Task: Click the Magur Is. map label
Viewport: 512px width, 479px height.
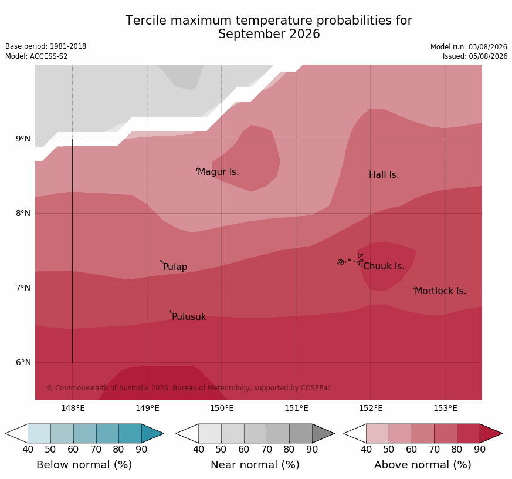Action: (x=218, y=171)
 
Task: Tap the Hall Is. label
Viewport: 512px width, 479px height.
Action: (x=384, y=175)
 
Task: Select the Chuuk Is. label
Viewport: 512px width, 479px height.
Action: (x=384, y=267)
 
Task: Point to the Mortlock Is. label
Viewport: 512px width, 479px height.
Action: (x=440, y=291)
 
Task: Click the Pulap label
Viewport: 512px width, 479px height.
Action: (x=175, y=267)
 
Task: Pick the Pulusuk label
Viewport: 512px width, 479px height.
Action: (x=189, y=316)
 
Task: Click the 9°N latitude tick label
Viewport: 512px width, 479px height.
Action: (x=23, y=139)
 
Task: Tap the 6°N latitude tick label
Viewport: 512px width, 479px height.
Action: (x=23, y=362)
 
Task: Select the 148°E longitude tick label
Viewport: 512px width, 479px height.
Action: (x=73, y=408)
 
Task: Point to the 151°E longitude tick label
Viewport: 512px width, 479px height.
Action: (x=296, y=408)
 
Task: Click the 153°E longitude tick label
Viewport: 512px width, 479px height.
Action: (x=445, y=408)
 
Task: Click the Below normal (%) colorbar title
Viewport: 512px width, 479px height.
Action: (x=84, y=465)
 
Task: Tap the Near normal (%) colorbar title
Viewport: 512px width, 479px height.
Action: (x=255, y=465)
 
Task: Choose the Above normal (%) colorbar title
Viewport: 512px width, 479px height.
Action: (x=422, y=465)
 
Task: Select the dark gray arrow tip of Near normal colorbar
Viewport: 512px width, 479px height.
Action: (x=323, y=434)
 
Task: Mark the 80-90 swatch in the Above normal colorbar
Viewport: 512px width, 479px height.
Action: (x=468, y=434)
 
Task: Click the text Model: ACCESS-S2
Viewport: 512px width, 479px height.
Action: (x=36, y=56)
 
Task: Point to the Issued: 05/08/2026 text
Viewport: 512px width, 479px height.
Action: (x=475, y=56)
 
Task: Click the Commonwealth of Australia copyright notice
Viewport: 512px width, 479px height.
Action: (x=189, y=388)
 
